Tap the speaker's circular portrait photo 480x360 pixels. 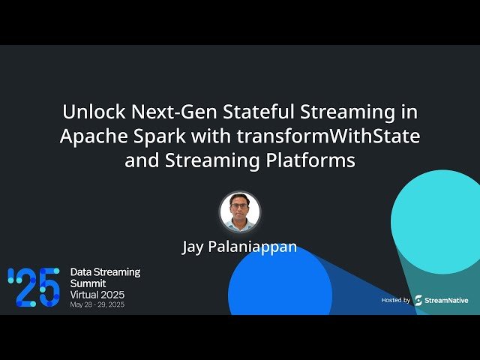240,211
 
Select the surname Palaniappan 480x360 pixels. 256,247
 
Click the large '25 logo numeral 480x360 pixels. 33,287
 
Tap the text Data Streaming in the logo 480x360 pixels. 104,271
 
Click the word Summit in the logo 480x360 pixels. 88,283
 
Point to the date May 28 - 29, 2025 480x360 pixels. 97,304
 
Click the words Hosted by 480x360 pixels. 395,300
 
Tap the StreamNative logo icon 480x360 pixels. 418,300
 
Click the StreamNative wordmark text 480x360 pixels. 446,300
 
